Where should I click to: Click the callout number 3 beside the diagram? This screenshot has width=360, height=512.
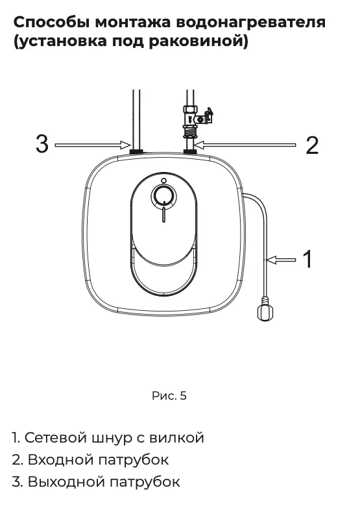pos(42,144)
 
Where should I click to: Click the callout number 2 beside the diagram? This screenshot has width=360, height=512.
pos(312,145)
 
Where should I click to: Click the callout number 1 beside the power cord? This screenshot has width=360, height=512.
pos(307,259)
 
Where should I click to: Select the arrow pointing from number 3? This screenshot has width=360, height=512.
pos(93,145)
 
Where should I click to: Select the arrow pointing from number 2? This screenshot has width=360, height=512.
pos(245,145)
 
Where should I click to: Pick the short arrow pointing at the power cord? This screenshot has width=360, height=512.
pos(281,260)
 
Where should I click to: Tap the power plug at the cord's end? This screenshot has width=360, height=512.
pos(265,309)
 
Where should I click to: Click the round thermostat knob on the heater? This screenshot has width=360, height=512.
pos(163,196)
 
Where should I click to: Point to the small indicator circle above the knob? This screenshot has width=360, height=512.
pos(164,180)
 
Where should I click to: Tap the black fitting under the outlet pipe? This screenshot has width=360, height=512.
pos(136,151)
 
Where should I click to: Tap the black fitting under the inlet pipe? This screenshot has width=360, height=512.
pos(190,151)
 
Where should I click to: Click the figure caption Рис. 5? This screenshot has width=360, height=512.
pos(169,396)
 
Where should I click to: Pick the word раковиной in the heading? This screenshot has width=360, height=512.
pos(196,42)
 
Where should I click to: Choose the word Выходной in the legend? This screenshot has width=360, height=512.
pos(66,482)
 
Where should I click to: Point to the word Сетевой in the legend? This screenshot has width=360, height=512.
pos(56,437)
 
